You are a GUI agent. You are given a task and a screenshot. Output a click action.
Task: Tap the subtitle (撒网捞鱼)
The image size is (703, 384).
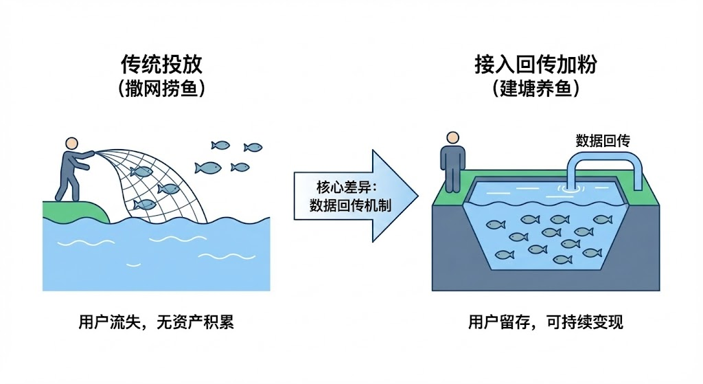click(x=162, y=89)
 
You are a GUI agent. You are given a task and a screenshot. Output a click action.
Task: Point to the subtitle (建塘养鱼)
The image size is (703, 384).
click(x=535, y=89)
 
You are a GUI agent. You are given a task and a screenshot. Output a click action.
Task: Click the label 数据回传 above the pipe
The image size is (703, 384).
click(x=602, y=142)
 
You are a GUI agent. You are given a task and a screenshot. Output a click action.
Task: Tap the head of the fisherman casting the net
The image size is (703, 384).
click(x=71, y=144)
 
